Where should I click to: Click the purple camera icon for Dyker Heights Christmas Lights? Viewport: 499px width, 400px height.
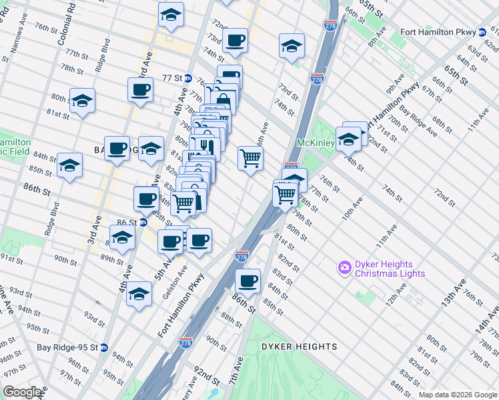click(345, 269)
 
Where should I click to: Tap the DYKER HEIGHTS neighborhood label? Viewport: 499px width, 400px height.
click(299, 347)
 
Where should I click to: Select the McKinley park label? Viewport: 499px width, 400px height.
click(315, 143)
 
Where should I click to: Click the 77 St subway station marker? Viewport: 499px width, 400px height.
click(189, 78)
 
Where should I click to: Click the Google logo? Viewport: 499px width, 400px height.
click(23, 391)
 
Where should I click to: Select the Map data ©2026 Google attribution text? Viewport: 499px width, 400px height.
click(457, 394)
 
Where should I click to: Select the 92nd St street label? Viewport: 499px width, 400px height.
click(208, 375)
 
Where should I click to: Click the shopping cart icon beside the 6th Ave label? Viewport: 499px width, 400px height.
click(250, 158)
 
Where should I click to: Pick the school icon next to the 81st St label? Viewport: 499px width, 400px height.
click(82, 101)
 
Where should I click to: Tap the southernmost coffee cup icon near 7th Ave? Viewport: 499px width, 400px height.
click(248, 281)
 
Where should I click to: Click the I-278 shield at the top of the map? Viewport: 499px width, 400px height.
click(330, 25)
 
